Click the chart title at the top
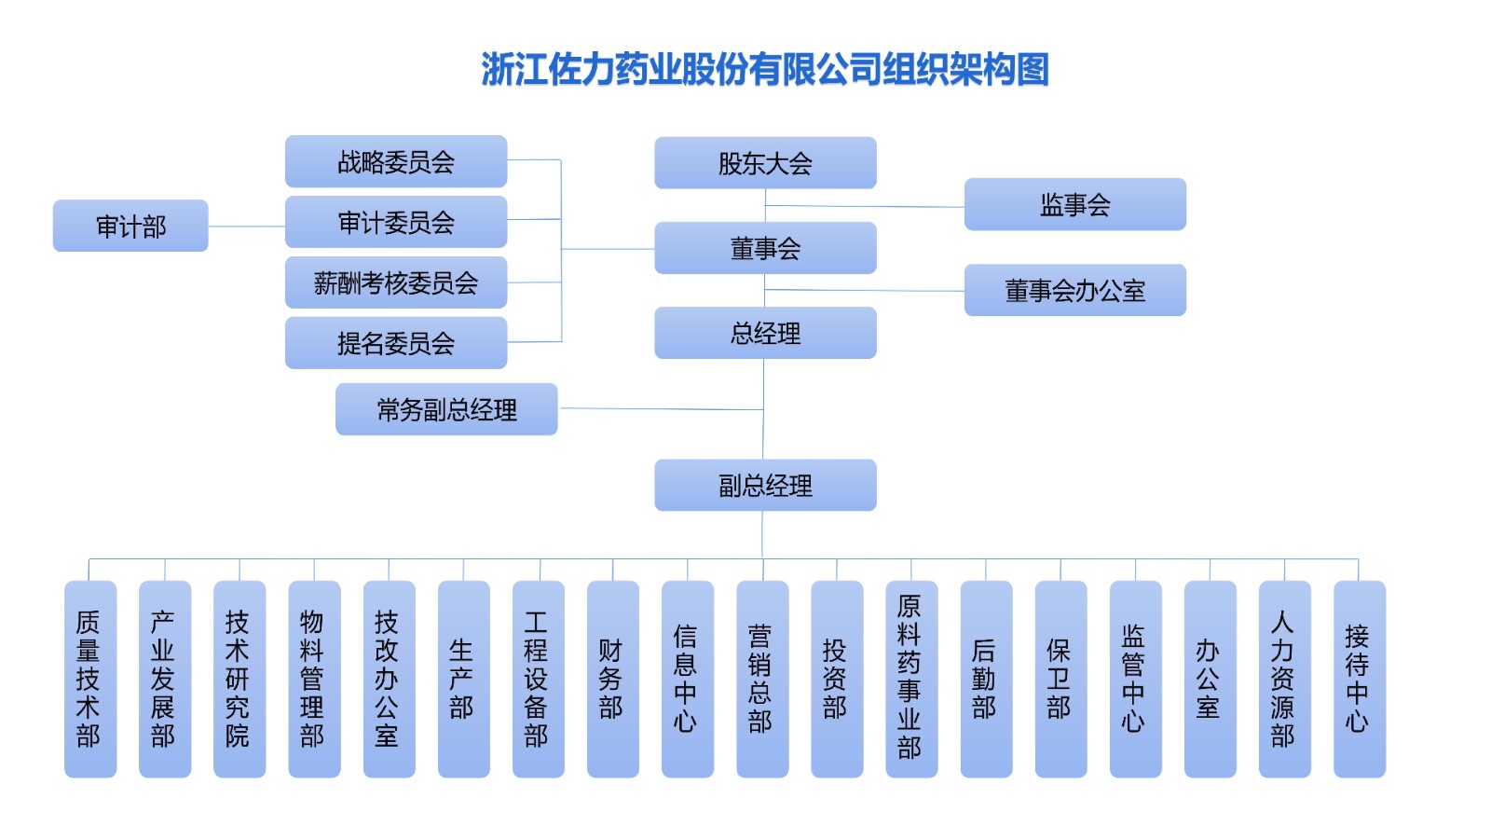point(764,69)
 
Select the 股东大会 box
point(765,163)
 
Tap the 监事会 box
point(1074,204)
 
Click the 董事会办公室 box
point(1074,290)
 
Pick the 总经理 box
point(765,333)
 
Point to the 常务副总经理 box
point(446,409)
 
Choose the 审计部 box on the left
point(130,226)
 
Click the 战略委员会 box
point(396,161)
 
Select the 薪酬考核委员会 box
point(396,282)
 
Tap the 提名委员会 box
point(396,343)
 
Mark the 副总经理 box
point(765,485)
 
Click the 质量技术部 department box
point(89,679)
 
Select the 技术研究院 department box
point(239,679)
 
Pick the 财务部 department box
point(612,679)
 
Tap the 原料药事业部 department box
point(910,679)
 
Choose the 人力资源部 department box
point(1284,679)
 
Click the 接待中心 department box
point(1359,679)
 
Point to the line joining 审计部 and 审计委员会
point(247,226)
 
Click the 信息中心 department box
point(687,679)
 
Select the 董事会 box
point(765,248)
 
